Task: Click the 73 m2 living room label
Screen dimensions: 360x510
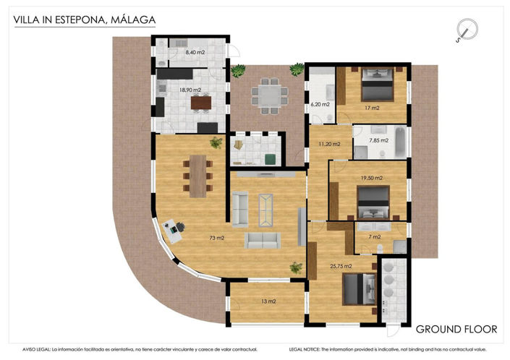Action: tap(216, 237)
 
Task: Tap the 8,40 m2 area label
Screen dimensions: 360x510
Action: tap(195, 52)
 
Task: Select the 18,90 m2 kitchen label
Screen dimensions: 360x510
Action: tap(190, 90)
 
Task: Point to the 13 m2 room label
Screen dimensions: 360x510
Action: tap(268, 301)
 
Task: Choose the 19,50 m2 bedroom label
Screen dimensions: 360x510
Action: tap(371, 177)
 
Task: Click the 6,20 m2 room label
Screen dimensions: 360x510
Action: tap(320, 104)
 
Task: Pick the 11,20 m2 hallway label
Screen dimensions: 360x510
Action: tap(329, 144)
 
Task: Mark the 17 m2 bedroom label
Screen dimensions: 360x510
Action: tap(371, 108)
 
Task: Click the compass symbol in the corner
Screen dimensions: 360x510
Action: tap(467, 30)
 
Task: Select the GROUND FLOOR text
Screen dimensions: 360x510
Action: tap(456, 329)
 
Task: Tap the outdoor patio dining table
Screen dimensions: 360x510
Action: tap(268, 96)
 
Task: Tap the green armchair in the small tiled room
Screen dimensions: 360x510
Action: tap(268, 158)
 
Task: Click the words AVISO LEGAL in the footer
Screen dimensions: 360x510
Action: tap(37, 348)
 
